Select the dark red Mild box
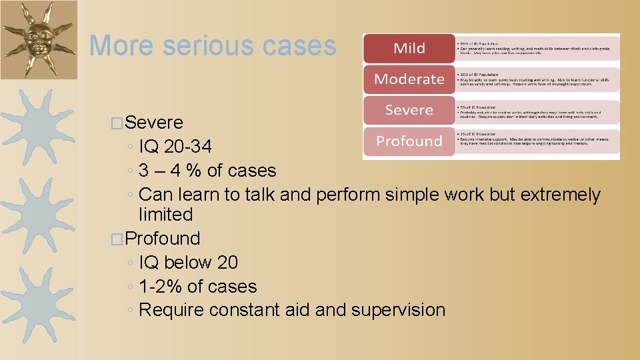pos(409,48)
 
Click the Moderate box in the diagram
pos(409,79)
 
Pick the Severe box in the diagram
pos(409,110)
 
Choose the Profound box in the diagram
pos(409,141)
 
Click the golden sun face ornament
pos(39,39)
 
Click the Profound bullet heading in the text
pos(162,239)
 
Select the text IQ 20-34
pos(175,147)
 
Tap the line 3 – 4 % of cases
pos(207,171)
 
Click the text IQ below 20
pos(188,263)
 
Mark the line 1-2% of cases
pos(198,287)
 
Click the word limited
pos(165,215)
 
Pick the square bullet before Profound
pos(119,239)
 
